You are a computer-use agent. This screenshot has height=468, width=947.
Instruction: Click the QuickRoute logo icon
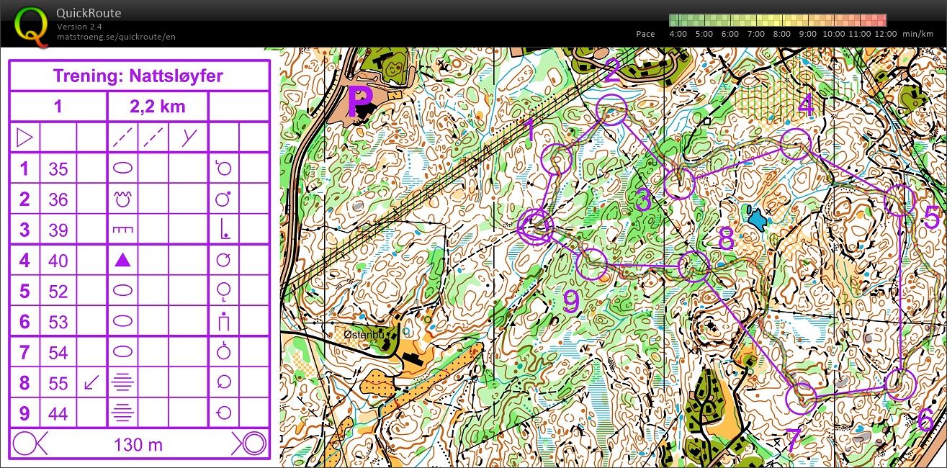31,24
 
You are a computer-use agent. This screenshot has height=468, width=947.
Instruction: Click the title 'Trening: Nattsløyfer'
138,76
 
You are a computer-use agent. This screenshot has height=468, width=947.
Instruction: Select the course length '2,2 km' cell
158,107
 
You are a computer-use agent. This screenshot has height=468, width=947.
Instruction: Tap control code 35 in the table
58,169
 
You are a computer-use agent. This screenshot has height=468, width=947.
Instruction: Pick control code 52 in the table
58,291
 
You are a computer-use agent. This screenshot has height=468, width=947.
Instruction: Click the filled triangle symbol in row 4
123,260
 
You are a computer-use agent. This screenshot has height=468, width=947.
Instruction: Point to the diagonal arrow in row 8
91,382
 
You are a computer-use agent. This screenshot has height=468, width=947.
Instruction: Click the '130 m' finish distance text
138,444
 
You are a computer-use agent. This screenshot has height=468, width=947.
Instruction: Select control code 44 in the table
58,413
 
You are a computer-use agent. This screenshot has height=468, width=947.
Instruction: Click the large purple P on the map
359,102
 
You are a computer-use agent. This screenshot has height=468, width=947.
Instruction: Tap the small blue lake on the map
756,217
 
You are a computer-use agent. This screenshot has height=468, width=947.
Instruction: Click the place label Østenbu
362,335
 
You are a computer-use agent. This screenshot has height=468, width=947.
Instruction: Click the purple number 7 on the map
791,441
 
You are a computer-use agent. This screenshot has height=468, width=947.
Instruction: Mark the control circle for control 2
612,109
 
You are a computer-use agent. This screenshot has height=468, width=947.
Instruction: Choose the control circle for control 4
796,146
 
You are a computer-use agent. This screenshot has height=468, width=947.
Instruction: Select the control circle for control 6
898,385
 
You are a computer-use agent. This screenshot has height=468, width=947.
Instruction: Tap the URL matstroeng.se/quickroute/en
116,37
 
